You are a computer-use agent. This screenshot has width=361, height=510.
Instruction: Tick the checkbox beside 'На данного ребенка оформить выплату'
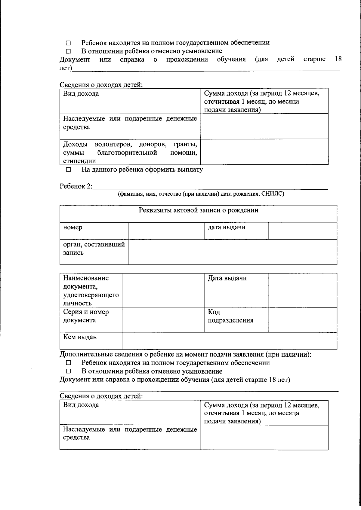point(68,169)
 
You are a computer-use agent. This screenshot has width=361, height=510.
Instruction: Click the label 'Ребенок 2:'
point(76,186)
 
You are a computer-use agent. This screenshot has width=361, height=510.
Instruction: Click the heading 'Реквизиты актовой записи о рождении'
point(198,210)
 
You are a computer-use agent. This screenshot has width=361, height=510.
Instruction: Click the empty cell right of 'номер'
point(166,231)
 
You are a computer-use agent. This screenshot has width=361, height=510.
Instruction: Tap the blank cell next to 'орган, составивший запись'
point(232,252)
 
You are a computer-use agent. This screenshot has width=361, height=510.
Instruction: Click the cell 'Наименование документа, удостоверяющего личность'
point(91,290)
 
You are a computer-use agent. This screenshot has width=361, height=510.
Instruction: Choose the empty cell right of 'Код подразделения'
point(302,319)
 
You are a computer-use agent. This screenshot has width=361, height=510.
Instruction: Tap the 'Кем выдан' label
point(80,337)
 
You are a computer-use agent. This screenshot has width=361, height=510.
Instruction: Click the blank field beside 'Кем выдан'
point(229,341)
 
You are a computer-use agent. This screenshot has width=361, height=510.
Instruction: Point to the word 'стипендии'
point(79,161)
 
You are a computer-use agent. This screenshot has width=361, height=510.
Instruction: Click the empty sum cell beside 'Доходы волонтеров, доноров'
point(264,152)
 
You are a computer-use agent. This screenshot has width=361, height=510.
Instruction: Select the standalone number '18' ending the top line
point(338,59)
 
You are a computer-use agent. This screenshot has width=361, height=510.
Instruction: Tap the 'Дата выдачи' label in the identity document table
point(227,278)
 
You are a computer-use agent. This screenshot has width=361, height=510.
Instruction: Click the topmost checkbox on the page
point(68,43)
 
